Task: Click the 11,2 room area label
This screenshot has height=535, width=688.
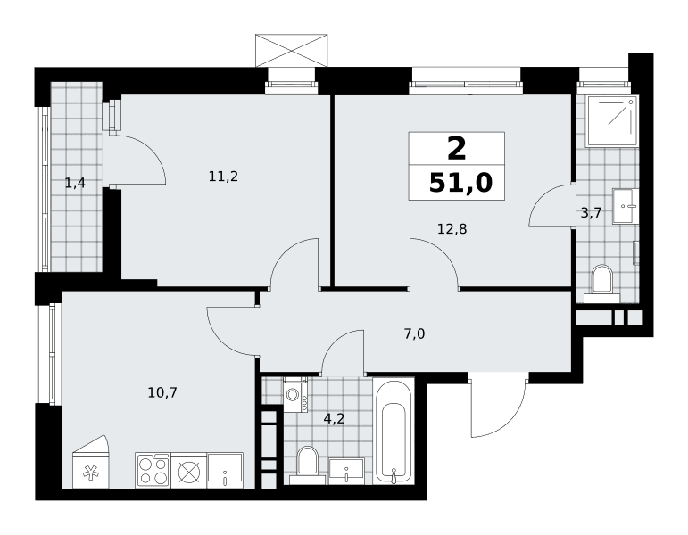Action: point(223,177)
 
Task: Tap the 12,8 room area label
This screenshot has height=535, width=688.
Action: point(452,229)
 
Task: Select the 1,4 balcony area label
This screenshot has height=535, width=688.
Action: point(75,183)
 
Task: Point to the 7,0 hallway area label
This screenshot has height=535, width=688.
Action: point(414,334)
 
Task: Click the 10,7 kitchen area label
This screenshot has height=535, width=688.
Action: point(162,392)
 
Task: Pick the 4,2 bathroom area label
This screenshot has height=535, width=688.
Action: point(334,419)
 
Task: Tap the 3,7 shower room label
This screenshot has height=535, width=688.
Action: point(591,213)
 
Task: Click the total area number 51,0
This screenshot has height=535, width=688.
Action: point(460,183)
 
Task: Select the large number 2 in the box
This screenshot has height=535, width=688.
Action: point(456,149)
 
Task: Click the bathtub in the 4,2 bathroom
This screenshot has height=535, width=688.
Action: point(394,432)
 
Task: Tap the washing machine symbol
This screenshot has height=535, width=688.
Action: point(295,395)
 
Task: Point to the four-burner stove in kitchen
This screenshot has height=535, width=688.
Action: point(153,470)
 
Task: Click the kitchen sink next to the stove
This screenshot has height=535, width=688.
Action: point(225,470)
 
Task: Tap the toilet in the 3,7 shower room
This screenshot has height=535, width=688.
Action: point(602,284)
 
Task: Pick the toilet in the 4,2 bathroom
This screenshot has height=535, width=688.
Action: point(307,465)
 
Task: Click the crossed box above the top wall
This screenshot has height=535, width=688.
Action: point(291,51)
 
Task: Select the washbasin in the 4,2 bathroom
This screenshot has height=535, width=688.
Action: point(346,471)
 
